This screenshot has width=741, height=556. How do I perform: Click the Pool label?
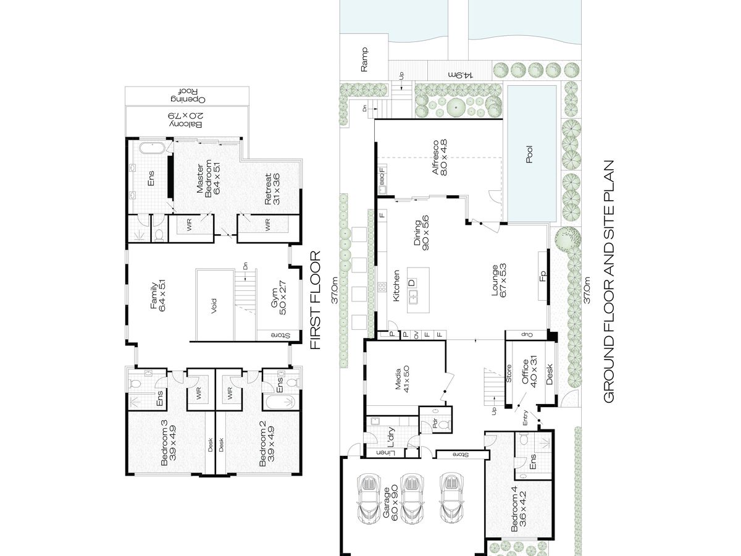pos(529,154)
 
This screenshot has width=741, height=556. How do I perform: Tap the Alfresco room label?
pos(440,158)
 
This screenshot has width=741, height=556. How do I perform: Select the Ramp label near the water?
pos(364,59)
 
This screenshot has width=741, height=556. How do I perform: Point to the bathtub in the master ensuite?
pos(152,148)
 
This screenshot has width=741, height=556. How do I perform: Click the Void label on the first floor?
pos(214,306)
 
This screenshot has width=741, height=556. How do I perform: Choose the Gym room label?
pos(278,298)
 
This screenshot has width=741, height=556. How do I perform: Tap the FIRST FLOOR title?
pos(315,300)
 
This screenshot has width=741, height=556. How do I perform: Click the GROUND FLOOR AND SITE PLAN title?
pos(608,282)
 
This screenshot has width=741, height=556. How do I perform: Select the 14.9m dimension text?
pos(461,75)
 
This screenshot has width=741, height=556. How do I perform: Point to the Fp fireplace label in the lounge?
pos(543,276)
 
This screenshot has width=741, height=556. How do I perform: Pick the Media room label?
pos(402,379)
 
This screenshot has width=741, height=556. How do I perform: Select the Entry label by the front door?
pos(525,418)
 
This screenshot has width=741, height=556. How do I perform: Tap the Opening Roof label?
pos(187,96)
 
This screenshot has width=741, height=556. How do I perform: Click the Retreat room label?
pos(272,189)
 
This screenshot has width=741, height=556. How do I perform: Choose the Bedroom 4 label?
pos(518,513)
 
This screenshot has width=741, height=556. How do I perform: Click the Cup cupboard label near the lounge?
pos(526,335)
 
